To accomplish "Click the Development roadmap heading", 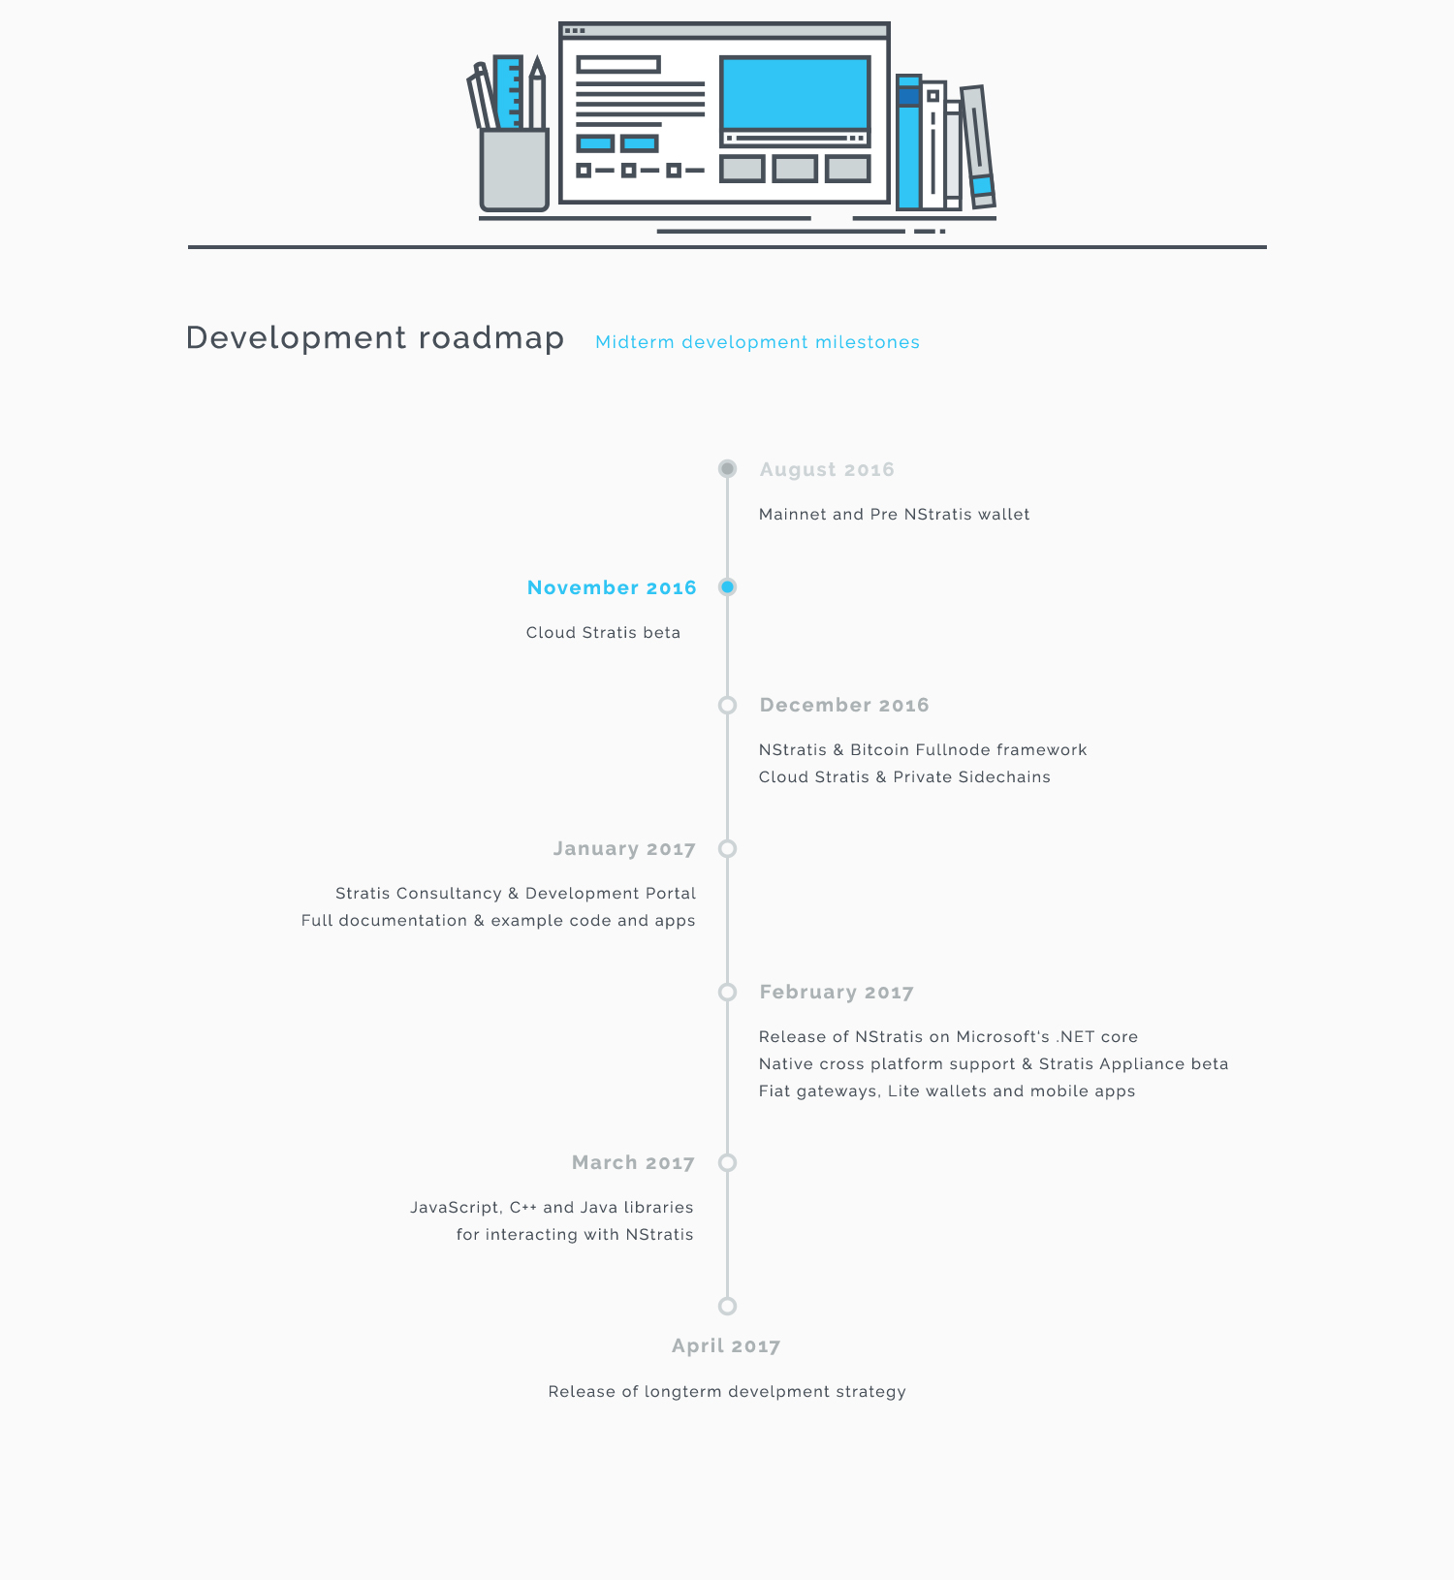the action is click(x=375, y=337).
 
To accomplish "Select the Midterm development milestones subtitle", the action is click(x=757, y=342).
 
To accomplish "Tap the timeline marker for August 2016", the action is click(x=727, y=469).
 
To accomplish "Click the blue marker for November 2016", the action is click(x=727, y=586).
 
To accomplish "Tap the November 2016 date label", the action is click(x=612, y=587).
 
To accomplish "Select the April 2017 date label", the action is click(x=726, y=1346).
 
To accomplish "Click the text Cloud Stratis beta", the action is click(x=603, y=633).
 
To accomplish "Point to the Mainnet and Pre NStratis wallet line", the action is click(x=894, y=515).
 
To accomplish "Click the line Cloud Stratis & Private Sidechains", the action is click(x=904, y=777).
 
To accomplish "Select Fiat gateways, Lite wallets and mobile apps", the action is click(x=947, y=1091).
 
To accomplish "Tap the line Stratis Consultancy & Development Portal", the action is click(x=516, y=894).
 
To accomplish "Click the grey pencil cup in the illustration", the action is click(x=515, y=170).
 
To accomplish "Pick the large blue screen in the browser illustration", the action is click(x=795, y=93).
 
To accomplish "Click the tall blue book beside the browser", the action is click(x=908, y=142).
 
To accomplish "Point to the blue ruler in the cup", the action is click(x=508, y=93).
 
